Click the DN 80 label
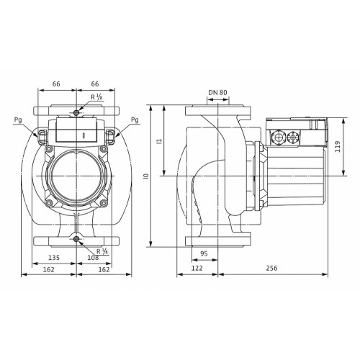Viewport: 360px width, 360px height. pyautogui.click(x=217, y=92)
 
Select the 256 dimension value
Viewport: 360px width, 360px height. pyautogui.click(x=271, y=268)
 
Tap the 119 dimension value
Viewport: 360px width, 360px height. pyautogui.click(x=338, y=147)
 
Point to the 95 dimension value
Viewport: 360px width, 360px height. pyautogui.click(x=204, y=253)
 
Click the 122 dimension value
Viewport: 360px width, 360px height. pyautogui.click(x=197, y=268)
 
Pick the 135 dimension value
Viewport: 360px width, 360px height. pyautogui.click(x=54, y=258)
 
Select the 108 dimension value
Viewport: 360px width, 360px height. pyautogui.click(x=93, y=258)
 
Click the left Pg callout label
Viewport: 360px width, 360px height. pyautogui.click(x=18, y=120)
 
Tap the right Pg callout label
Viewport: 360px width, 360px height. pyautogui.click(x=135, y=120)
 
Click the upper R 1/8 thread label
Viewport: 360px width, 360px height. pyautogui.click(x=96, y=96)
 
